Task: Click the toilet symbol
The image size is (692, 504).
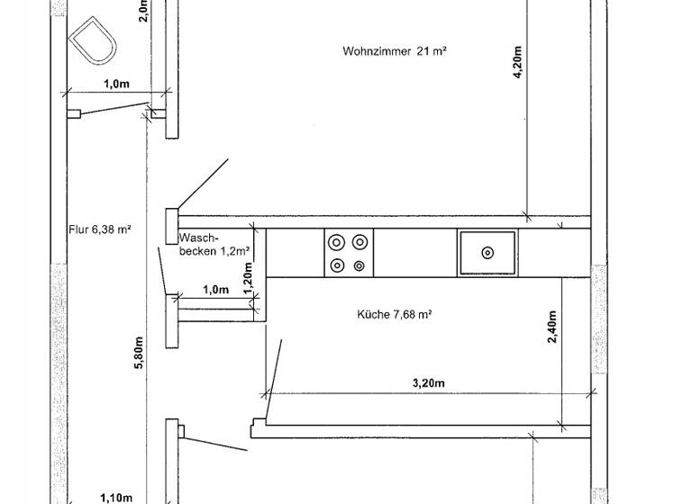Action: pos(93,41)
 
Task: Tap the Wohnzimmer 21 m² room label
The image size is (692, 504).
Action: pos(395,51)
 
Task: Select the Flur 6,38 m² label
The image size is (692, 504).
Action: pos(100,229)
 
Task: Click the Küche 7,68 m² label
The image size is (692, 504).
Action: pos(394,314)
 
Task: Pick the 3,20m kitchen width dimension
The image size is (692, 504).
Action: pos(428,382)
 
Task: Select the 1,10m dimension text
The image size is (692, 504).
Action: pos(115,497)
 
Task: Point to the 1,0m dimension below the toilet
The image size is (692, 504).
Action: pos(115,83)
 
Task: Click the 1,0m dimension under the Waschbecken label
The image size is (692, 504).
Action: pos(215,289)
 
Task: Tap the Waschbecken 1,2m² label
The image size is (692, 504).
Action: pos(214,244)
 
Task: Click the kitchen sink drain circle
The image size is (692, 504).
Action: pos(487,253)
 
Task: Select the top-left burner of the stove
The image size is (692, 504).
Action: pos(337,242)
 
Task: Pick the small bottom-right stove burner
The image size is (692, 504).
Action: pos(360,265)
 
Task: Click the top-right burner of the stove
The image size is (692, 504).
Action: pos(360,242)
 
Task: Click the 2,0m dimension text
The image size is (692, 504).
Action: pos(143,11)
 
